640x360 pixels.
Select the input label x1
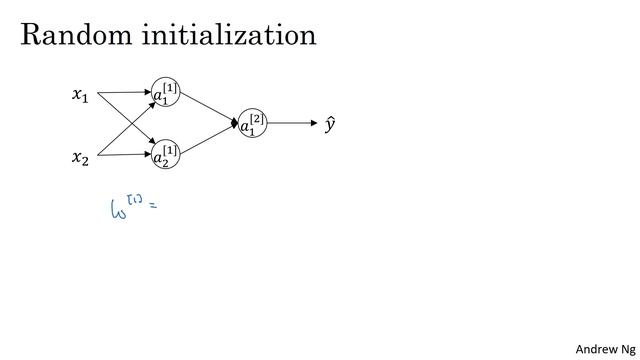point(79,96)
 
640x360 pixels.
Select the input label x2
point(79,157)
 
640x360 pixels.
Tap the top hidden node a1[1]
point(166,93)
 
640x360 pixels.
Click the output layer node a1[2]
point(252,124)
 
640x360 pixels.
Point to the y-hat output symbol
point(330,125)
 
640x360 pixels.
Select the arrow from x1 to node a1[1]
point(125,93)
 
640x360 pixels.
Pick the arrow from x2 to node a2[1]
point(125,154)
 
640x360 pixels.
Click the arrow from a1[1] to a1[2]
point(210,109)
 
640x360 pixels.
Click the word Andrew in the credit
point(594,348)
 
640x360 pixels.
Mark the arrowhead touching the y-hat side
point(309,124)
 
